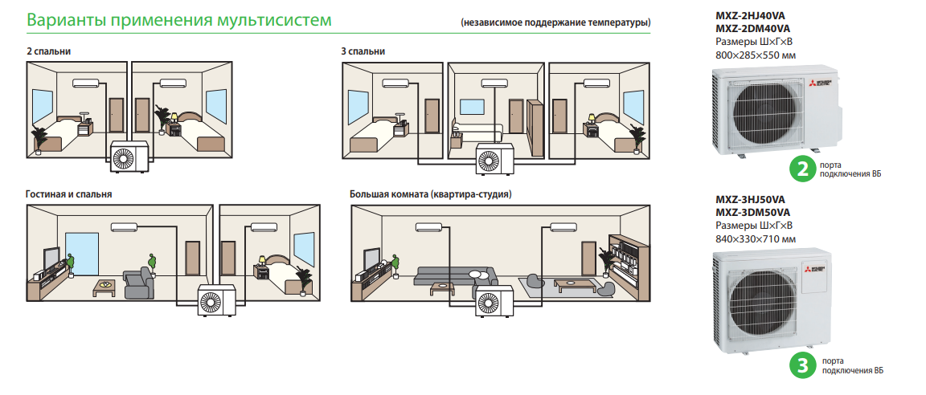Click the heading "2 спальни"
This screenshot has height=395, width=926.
pos(48,51)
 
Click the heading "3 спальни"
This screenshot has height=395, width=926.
pos(363,51)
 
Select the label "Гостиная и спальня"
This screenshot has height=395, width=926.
pos(68,194)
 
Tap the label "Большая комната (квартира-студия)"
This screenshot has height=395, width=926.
pos(431,194)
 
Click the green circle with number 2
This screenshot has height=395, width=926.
pos(801,169)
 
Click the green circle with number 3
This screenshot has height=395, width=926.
pos(801,365)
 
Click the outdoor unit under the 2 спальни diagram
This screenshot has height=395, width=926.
pos(129,156)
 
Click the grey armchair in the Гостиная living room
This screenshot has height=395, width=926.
pos(137,283)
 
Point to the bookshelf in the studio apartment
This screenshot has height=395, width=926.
pos(626,259)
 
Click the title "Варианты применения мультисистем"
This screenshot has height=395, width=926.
pos(178,19)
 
